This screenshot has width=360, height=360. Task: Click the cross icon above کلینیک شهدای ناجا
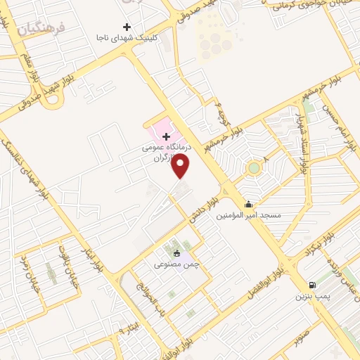pos(127,26)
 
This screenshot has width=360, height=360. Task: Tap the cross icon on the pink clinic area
pos(166,136)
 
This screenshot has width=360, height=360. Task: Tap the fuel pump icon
pos(312,285)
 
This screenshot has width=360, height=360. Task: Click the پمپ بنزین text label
pos(313,297)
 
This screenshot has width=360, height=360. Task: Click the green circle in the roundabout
pos(253,167)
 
